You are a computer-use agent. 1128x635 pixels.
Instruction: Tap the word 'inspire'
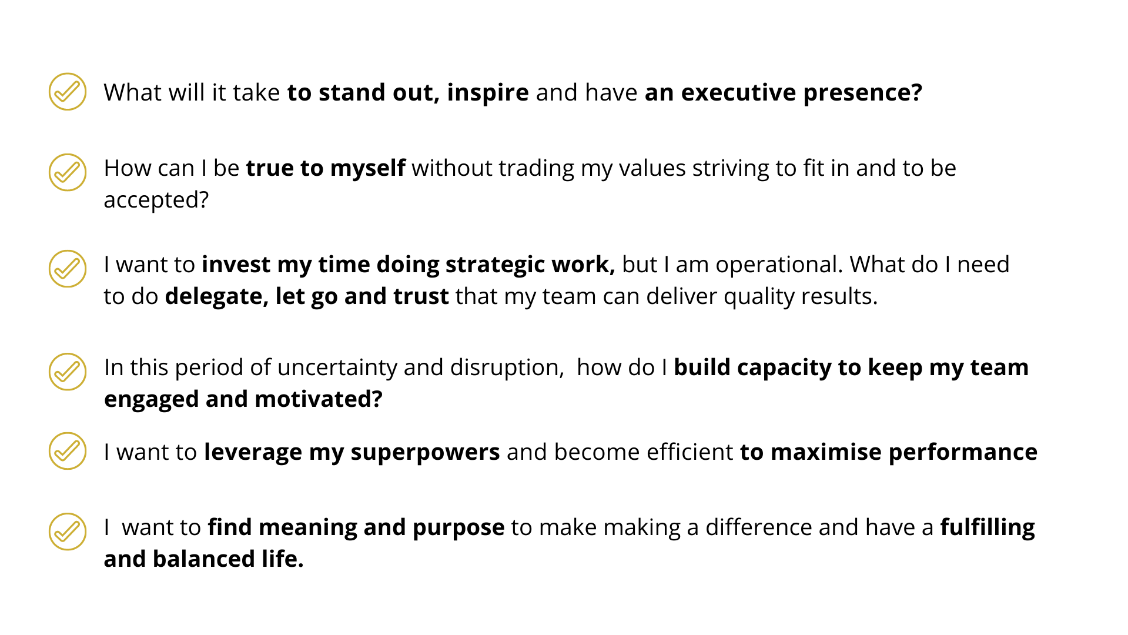click(x=488, y=93)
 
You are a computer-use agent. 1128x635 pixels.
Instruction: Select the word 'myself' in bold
click(x=367, y=169)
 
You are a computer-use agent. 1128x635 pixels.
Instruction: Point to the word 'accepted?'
click(x=156, y=201)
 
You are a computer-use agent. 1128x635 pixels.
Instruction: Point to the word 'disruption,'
click(x=507, y=368)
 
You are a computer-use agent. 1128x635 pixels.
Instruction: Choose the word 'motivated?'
click(x=319, y=399)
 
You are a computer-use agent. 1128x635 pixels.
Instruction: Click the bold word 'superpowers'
click(x=425, y=453)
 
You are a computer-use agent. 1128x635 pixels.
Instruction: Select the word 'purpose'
click(x=458, y=529)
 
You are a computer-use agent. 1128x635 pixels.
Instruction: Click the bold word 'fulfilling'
click(x=988, y=528)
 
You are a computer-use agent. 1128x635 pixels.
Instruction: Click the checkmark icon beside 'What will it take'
click(x=68, y=92)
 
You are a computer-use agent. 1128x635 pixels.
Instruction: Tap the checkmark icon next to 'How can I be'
click(x=68, y=172)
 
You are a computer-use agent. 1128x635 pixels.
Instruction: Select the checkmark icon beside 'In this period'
click(x=68, y=372)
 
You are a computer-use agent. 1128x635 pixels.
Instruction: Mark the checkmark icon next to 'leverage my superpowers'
click(x=68, y=451)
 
